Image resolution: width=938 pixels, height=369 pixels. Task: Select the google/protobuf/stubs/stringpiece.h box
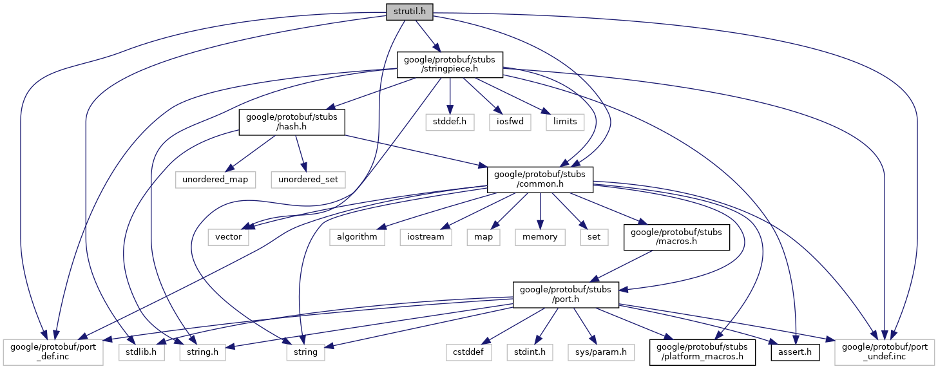[449, 65]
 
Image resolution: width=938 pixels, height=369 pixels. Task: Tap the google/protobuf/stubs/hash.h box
[292, 122]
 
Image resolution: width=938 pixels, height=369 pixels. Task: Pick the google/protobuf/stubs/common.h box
[540, 178]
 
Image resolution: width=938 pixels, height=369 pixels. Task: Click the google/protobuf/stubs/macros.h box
[676, 236]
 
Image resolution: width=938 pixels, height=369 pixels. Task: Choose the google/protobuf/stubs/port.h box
[566, 294]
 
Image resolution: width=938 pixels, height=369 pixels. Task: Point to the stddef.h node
[450, 122]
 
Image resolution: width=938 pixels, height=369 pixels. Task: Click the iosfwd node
[509, 122]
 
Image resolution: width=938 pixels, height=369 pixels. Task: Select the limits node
[565, 122]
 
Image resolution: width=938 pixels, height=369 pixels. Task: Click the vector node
[228, 236]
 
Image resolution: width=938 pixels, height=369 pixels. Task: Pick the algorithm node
[357, 236]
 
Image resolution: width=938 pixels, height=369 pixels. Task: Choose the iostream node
[424, 236]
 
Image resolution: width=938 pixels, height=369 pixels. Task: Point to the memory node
[540, 236]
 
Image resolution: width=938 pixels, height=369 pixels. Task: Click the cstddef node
[469, 352]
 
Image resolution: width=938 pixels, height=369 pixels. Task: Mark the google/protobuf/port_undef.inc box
[885, 352]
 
